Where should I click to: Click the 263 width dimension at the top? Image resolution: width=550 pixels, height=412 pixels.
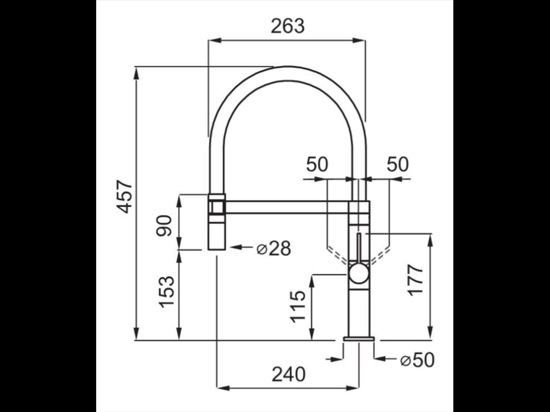coord(288,26)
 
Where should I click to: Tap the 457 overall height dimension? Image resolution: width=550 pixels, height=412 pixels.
coord(124,197)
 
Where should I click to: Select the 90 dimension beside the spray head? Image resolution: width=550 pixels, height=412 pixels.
coord(164,226)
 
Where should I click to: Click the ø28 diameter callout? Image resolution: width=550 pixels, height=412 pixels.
coord(273,248)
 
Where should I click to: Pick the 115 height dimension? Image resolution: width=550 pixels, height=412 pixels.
coord(297,306)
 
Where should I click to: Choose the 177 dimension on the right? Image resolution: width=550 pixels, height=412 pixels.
coord(416,280)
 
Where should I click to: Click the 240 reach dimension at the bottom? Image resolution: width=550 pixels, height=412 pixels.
coord(288,374)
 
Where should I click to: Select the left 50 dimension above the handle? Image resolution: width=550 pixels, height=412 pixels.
coord(317,164)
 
